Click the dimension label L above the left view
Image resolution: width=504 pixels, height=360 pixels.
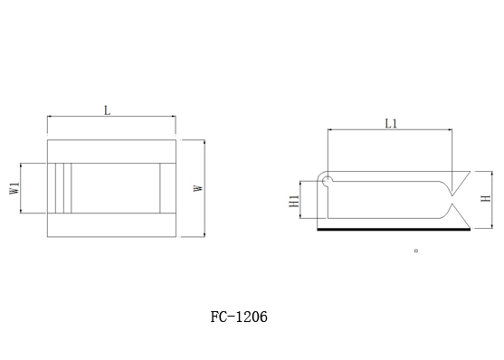[108, 110]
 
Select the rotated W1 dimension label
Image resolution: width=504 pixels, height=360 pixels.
[14, 188]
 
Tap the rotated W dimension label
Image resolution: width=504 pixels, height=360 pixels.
[198, 188]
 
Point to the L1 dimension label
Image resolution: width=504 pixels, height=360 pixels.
[391, 123]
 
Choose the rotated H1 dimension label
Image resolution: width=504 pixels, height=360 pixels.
[294, 201]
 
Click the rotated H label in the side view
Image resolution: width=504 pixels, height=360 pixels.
[486, 198]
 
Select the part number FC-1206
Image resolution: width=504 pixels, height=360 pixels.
[239, 317]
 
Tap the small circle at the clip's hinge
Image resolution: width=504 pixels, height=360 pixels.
[327, 181]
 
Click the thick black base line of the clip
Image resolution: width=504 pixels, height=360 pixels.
[394, 230]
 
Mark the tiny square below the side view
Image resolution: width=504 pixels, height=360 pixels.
[416, 251]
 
